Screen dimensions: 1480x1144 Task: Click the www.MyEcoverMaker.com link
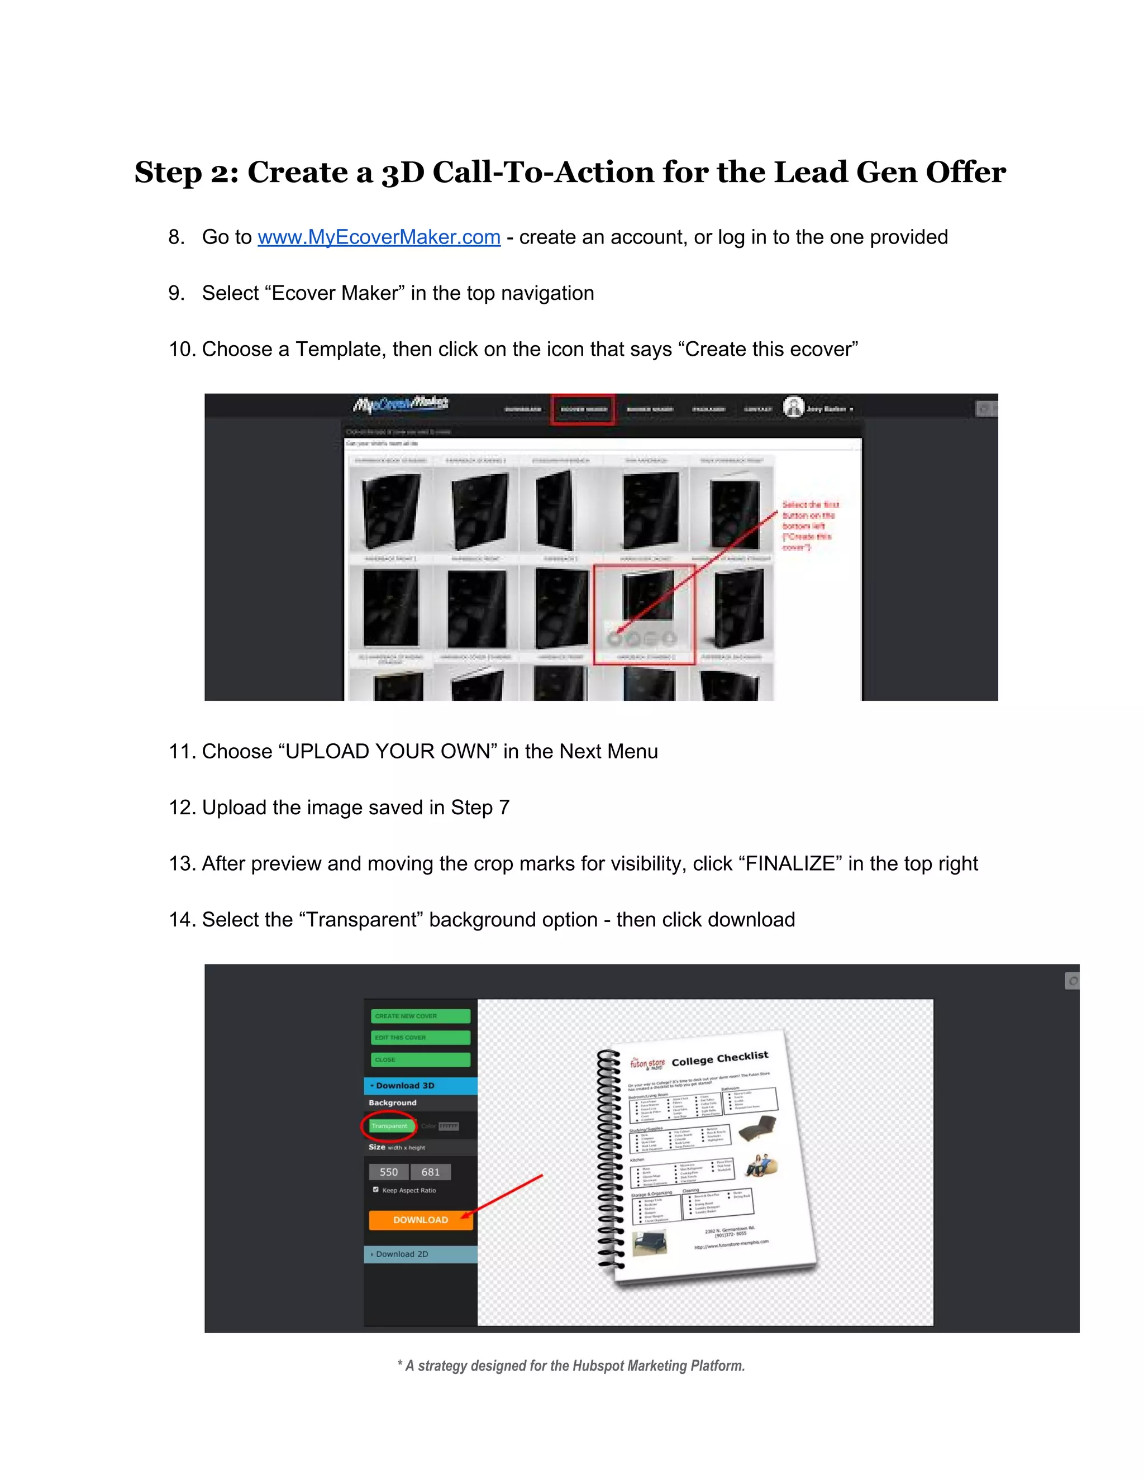[379, 237]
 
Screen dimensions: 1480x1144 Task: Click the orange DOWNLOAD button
[420, 1219]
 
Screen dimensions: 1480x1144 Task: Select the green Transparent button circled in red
[390, 1125]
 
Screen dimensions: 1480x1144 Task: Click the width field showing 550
[388, 1172]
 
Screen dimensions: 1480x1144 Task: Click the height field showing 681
[430, 1172]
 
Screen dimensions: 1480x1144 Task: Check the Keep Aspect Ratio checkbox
[375, 1189]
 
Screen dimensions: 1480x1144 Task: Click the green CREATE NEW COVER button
[420, 1016]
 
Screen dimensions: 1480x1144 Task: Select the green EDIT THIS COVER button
[420, 1038]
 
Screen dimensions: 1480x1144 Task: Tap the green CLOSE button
[420, 1059]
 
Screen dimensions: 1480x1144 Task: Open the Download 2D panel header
[420, 1254]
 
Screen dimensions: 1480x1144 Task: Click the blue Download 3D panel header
[420, 1085]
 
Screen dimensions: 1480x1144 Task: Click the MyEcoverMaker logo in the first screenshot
[401, 405]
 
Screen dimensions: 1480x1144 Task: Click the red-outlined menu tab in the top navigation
[583, 409]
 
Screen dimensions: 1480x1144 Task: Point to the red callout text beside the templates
[809, 525]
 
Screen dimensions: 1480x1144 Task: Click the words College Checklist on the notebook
[719, 1058]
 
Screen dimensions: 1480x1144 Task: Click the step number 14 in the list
[182, 920]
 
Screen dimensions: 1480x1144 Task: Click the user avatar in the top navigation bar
[793, 407]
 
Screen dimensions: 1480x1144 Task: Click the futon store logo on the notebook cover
[647, 1063]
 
